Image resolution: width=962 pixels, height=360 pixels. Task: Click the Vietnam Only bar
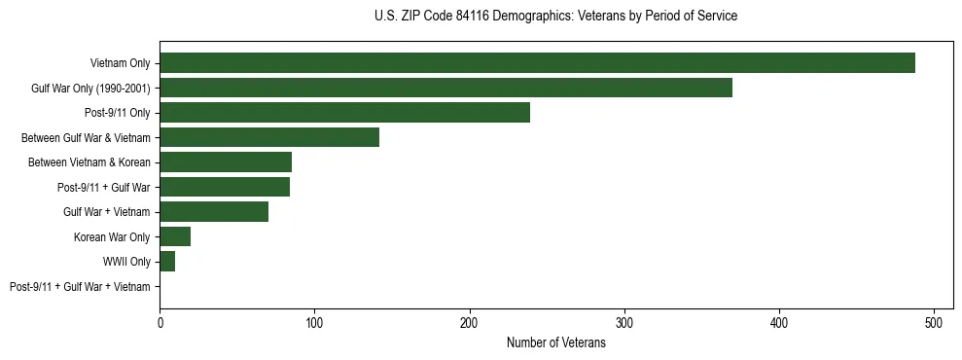pos(537,63)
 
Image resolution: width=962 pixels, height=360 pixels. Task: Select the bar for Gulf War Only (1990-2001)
pos(445,88)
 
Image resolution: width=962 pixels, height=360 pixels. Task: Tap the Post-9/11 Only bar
pos(344,113)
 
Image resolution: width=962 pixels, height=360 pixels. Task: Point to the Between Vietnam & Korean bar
pos(226,162)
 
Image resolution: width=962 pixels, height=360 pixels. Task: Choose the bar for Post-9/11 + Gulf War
pos(225,187)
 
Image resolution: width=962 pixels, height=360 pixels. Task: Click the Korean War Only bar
pos(175,236)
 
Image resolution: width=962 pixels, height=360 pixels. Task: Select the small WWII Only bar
pos(167,262)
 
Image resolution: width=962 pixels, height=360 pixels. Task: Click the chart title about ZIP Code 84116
pos(555,17)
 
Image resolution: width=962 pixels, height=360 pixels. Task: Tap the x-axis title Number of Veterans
pos(555,343)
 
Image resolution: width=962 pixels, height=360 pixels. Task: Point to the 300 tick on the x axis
pos(624,322)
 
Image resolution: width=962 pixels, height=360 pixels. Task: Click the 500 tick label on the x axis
pos(934,322)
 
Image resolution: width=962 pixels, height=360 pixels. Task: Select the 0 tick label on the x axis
pos(160,322)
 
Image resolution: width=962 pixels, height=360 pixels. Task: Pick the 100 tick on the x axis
pos(314,322)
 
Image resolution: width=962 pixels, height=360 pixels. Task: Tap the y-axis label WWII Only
pos(126,262)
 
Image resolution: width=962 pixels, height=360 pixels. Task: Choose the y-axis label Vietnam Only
pos(120,63)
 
